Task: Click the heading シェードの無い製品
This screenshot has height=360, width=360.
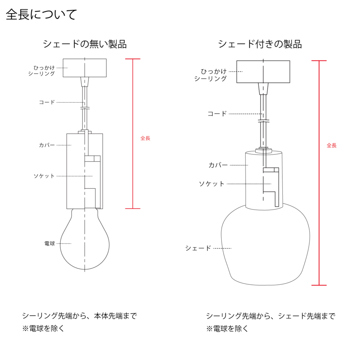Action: (85, 44)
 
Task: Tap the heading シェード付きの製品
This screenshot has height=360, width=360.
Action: (260, 44)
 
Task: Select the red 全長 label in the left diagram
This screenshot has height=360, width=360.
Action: (145, 138)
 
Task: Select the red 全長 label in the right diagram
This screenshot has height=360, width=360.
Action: (332, 146)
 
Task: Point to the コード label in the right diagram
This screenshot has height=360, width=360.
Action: (217, 114)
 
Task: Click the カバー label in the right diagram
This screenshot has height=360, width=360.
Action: (218, 165)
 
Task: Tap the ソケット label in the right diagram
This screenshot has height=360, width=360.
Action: (212, 184)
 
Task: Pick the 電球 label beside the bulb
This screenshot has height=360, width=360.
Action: (50, 243)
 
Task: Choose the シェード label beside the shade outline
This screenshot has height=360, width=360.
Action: (198, 248)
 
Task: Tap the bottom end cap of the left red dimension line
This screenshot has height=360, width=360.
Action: (133, 208)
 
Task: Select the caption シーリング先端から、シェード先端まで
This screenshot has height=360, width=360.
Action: (270, 316)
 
